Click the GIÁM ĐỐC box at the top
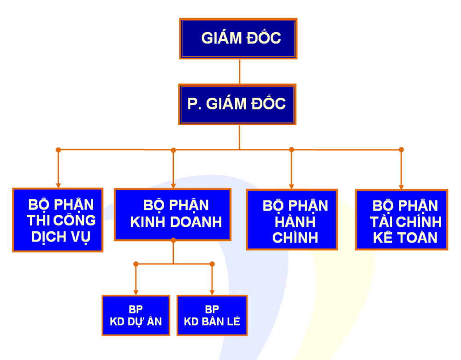coord(238,39)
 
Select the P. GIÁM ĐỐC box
coord(237,104)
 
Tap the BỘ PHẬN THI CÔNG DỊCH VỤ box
coord(58,220)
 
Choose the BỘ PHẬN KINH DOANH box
coord(172,214)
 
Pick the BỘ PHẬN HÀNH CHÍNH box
coord(292,219)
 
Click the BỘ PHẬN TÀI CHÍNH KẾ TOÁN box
coord(402,219)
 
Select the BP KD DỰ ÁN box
coord(136,315)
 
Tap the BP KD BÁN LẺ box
coord(212,315)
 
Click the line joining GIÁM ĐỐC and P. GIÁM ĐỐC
coord(240,72)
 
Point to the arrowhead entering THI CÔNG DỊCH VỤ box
coord(58,185)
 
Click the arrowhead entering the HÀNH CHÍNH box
coord(291,187)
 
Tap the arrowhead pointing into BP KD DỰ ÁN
coord(136,292)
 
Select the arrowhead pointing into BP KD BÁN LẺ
coord(212,292)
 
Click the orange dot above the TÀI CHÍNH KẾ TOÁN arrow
coord(402,150)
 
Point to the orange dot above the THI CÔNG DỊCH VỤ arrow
coord(58,150)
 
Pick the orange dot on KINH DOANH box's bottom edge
coord(173,241)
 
